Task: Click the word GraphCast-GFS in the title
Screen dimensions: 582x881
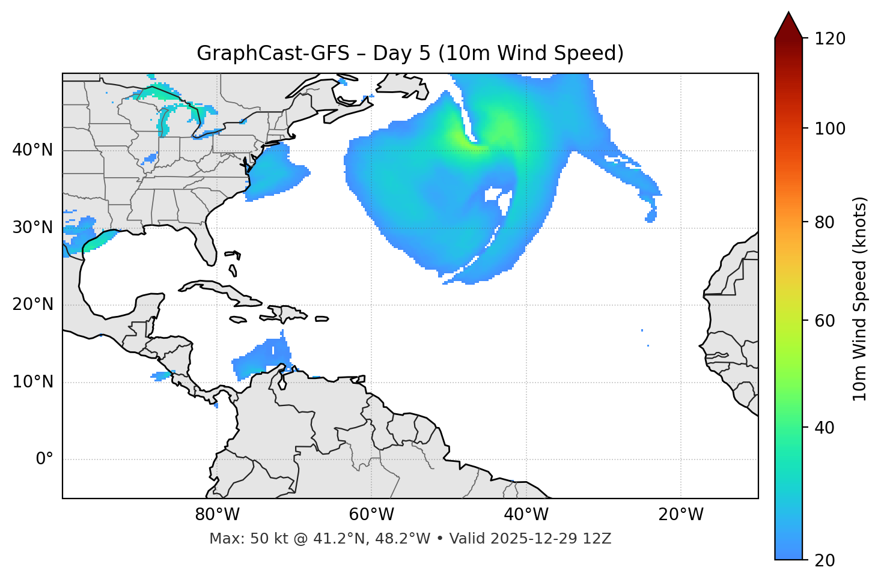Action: pyautogui.click(x=273, y=53)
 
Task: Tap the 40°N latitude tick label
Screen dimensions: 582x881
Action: pyautogui.click(x=32, y=150)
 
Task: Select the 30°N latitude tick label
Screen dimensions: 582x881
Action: pyautogui.click(x=32, y=228)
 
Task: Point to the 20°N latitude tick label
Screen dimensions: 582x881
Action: pyautogui.click(x=32, y=305)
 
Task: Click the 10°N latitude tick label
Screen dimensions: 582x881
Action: pyautogui.click(x=32, y=382)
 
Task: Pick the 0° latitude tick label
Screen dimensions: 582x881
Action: pyautogui.click(x=44, y=459)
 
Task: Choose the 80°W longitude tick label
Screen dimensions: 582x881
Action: pyautogui.click(x=217, y=515)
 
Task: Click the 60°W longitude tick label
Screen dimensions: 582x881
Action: pyautogui.click(x=371, y=515)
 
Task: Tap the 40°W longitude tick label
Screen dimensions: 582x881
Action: pyautogui.click(x=526, y=515)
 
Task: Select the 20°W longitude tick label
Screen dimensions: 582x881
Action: pyautogui.click(x=681, y=515)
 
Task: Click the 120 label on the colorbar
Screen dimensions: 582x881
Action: pyautogui.click(x=830, y=38)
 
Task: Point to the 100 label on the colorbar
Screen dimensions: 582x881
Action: pyautogui.click(x=830, y=129)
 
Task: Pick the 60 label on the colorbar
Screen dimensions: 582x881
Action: pyautogui.click(x=825, y=321)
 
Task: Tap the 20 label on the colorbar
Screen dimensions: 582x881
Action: pyautogui.click(x=825, y=560)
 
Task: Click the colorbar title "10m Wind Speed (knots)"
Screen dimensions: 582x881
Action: pyautogui.click(x=860, y=299)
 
